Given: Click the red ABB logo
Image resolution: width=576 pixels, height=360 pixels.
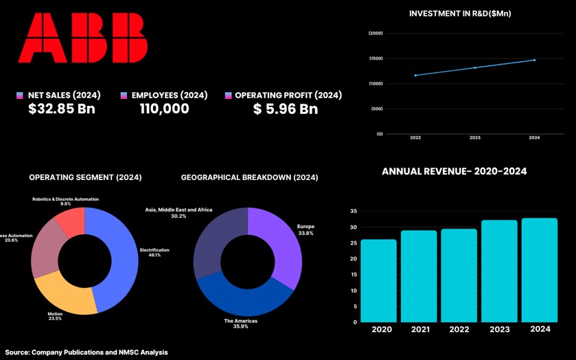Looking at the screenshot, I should [82, 38].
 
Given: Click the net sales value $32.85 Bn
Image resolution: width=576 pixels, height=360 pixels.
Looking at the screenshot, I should [62, 109].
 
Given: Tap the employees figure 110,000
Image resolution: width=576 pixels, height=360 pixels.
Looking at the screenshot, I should [164, 109].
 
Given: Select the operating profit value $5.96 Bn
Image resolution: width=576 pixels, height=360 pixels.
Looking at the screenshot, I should [285, 109].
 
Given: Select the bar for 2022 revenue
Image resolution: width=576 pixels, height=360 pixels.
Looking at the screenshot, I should [459, 275].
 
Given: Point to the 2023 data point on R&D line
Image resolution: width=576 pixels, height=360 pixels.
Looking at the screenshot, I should [475, 67].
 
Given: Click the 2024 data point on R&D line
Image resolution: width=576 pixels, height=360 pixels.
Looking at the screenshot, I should [534, 60].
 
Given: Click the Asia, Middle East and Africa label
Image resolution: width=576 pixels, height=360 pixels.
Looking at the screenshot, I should [178, 210].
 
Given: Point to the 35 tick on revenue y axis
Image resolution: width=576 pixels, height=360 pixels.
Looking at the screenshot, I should [354, 212].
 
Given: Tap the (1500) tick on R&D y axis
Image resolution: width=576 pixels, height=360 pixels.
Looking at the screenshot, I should [376, 58].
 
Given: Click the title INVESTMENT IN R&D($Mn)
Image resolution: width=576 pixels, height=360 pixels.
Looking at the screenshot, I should [460, 14].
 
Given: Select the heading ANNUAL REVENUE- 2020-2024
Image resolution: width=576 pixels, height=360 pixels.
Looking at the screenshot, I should [454, 172].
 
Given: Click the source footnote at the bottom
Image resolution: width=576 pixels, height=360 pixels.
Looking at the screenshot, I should [87, 352].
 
